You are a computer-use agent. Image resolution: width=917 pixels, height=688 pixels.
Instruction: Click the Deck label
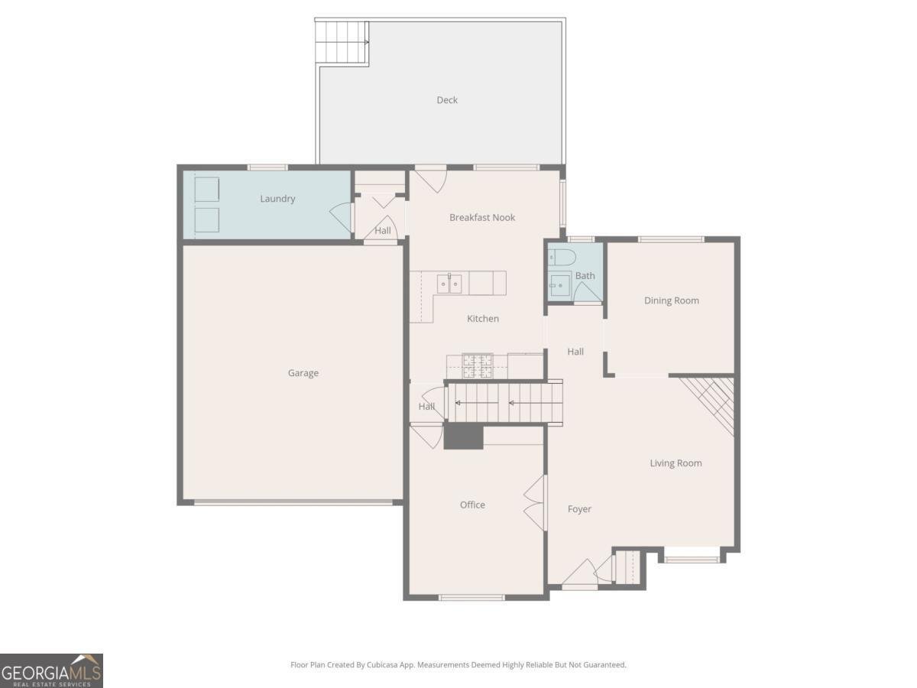(447, 100)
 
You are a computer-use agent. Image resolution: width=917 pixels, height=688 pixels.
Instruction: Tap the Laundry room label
(277, 199)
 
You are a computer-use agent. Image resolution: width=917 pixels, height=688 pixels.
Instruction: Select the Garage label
(303, 373)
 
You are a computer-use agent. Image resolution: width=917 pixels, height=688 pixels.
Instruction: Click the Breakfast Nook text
(482, 218)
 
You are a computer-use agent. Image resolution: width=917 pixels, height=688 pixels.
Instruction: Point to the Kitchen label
(483, 319)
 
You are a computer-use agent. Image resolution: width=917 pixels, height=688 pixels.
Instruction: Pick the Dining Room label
(671, 300)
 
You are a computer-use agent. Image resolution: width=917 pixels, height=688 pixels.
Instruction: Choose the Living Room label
(676, 463)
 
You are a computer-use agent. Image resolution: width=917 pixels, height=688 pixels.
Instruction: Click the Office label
(472, 505)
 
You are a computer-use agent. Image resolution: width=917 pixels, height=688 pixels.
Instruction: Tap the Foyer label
(579, 509)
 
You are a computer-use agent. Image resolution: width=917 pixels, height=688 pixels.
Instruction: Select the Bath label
(585, 276)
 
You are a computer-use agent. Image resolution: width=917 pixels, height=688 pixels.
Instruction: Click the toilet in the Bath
(560, 258)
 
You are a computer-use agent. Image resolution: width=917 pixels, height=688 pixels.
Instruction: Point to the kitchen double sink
(449, 284)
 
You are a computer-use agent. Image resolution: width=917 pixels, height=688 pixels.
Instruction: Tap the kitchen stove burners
(478, 366)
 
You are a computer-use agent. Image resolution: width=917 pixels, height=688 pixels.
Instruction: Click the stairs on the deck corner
(342, 34)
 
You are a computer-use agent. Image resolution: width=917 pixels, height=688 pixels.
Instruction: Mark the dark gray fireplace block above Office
(464, 436)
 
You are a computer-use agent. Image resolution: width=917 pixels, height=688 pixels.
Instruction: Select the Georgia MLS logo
(51, 670)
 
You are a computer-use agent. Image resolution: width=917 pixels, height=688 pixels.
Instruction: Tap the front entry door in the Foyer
(579, 575)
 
